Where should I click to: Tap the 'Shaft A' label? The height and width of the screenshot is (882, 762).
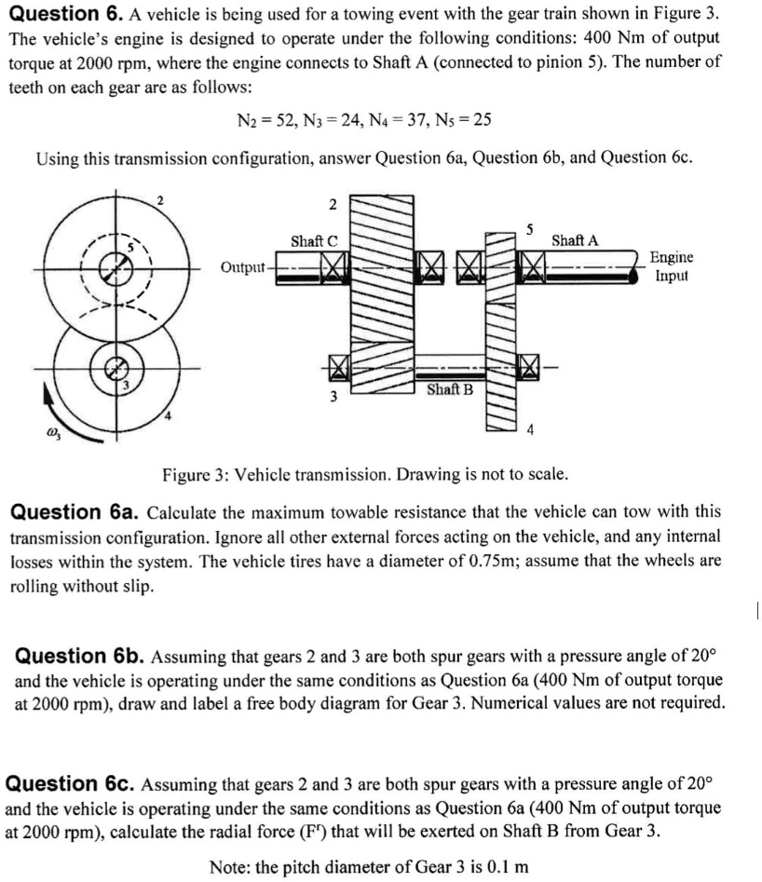pos(575,241)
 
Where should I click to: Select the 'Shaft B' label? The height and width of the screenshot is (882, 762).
pos(450,388)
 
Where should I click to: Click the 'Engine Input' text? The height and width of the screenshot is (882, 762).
pos(671,265)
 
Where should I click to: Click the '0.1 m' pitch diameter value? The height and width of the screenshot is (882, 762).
pos(508,866)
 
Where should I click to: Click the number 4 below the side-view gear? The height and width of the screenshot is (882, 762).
pos(529,429)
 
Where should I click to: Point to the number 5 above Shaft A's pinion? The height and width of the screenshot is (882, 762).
pos(528,227)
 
